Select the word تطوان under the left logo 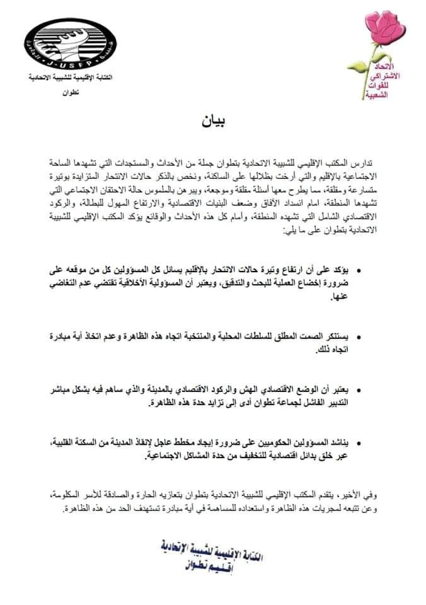coord(62,93)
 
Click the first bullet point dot coord(359,271)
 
